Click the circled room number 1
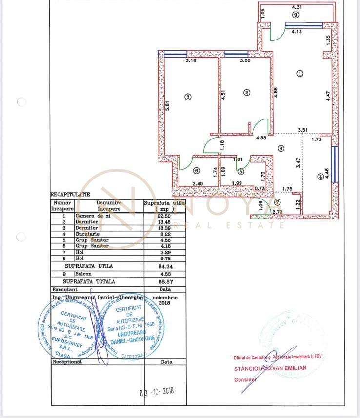(300, 73)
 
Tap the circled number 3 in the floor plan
(189, 97)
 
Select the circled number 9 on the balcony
(296, 15)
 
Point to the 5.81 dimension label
(167, 107)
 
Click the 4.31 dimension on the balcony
(297, 7)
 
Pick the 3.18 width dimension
(191, 61)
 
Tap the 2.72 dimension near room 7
(277, 212)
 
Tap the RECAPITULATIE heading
(70, 194)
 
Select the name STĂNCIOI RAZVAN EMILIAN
(270, 368)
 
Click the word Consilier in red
(244, 379)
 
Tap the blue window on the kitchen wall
(334, 164)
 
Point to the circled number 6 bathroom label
(196, 171)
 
